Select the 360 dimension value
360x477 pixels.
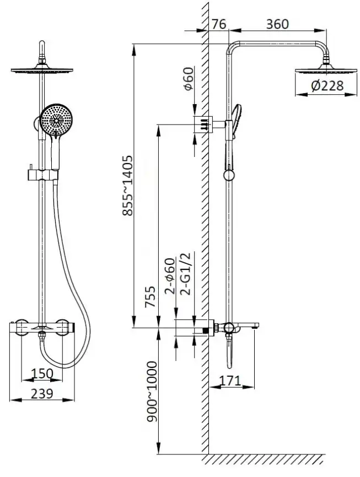[x=277, y=24]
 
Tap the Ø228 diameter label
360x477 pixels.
[x=327, y=85]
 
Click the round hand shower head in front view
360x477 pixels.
[x=55, y=119]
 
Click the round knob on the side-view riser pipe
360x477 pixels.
[x=228, y=175]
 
